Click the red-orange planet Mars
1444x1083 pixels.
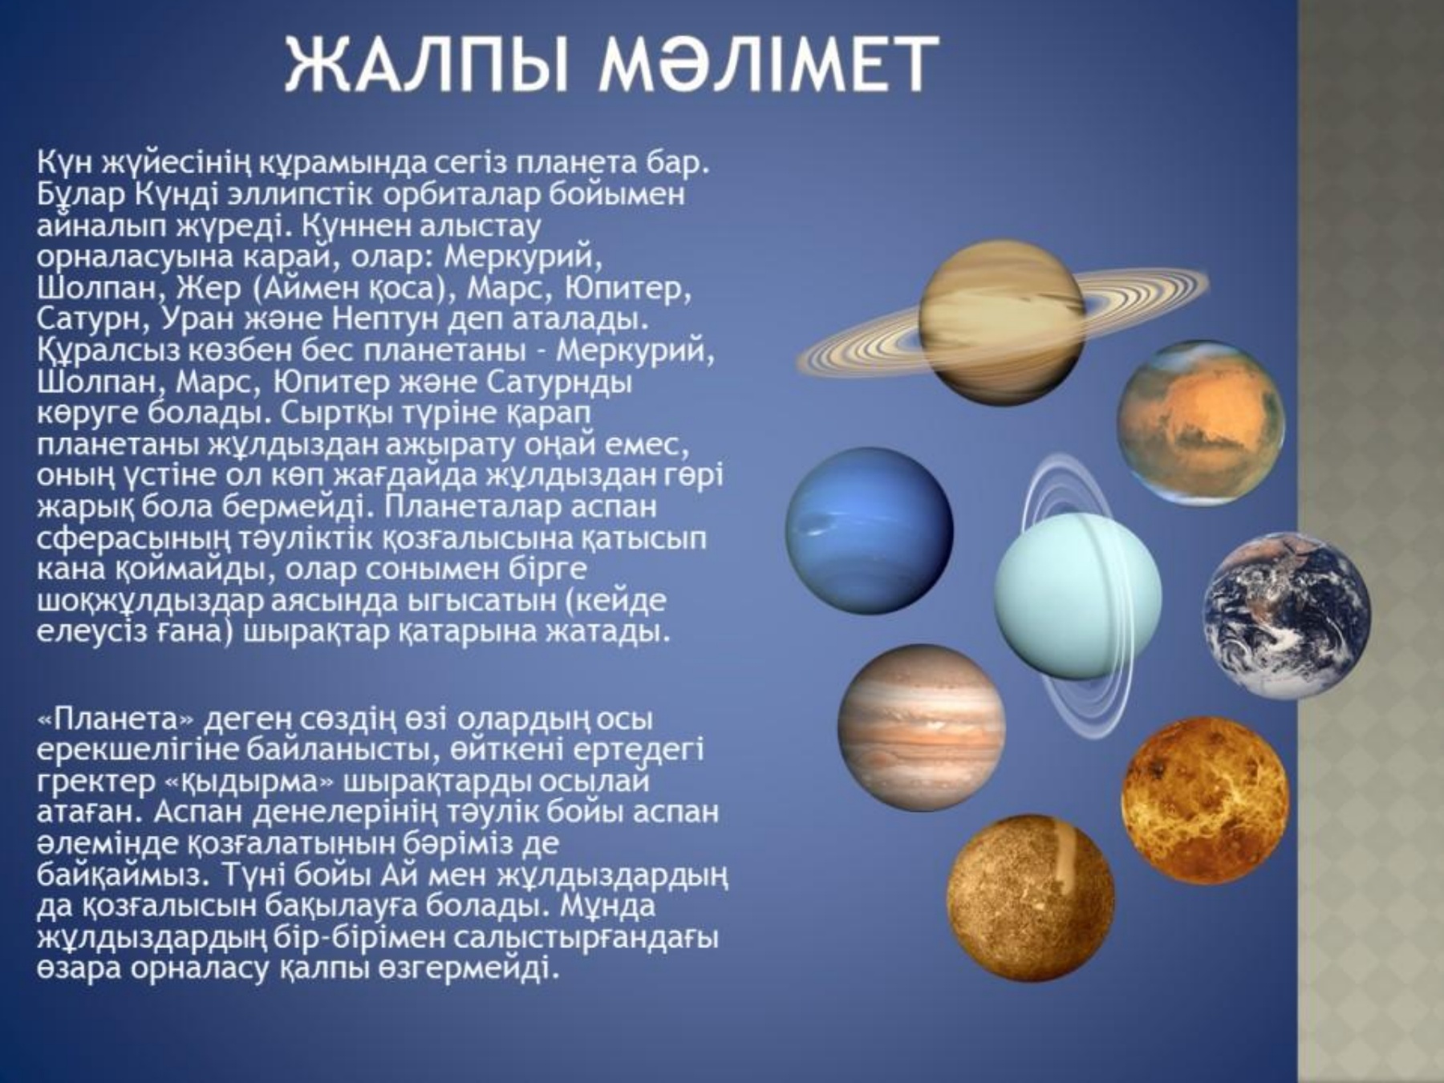point(1201,424)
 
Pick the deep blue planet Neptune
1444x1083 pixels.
point(870,531)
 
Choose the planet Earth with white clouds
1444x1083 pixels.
point(1286,616)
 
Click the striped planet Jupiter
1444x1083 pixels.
point(922,728)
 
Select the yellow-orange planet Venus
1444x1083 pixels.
point(1205,801)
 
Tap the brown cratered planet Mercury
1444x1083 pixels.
point(1031,898)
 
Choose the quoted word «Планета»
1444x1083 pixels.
point(116,719)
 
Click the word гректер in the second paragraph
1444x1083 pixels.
point(97,781)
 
